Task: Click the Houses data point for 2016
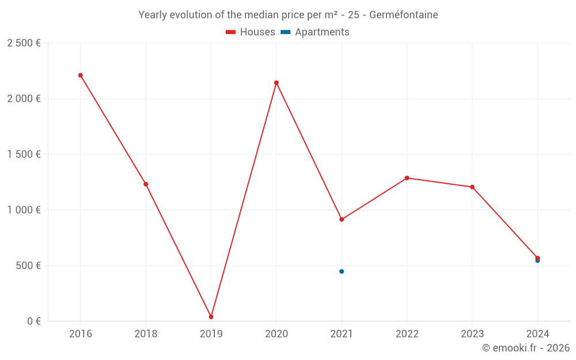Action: point(81,75)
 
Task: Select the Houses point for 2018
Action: point(146,184)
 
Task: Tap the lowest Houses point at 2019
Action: point(211,317)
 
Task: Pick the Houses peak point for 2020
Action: point(276,83)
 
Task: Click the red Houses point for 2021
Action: point(342,219)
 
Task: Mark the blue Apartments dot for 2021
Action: point(342,271)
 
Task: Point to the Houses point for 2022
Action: point(407,178)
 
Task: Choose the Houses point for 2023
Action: point(472,187)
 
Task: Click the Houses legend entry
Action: point(251,32)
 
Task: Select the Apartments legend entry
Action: point(315,32)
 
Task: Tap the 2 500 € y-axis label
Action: point(24,43)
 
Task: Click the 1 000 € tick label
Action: point(24,210)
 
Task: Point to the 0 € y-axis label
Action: point(33,321)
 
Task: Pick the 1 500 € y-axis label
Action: point(24,154)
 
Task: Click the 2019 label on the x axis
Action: point(211,334)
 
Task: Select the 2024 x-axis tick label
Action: point(537,334)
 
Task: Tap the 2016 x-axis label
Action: point(81,334)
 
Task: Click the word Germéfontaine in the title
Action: point(403,15)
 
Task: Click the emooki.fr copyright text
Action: point(526,348)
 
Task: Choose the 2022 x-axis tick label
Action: point(407,334)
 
